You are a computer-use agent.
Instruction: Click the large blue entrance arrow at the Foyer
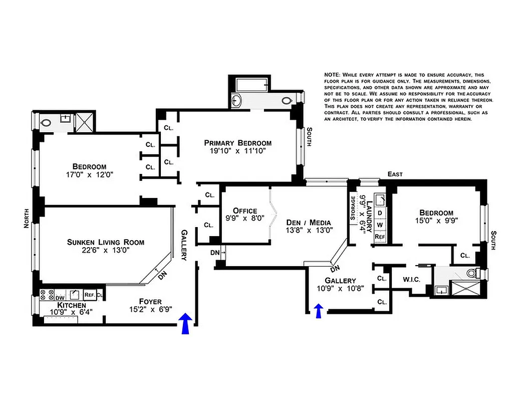point(185,323)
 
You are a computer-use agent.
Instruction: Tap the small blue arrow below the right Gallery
point(318,310)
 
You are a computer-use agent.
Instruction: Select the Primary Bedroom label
point(237,142)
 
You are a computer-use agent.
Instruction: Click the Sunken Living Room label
point(106,242)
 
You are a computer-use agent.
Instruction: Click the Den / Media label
point(309,222)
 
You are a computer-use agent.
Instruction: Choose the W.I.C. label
point(411,279)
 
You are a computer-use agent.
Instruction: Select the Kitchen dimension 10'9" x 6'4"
point(71,312)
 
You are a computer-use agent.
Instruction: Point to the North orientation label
point(27,219)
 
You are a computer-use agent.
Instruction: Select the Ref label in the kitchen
point(90,295)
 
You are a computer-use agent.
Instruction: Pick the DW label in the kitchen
point(60,296)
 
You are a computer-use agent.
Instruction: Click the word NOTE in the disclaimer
point(333,75)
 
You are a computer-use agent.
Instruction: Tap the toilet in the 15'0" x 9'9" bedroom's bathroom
point(472,274)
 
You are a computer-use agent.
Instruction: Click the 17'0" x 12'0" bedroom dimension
point(89,175)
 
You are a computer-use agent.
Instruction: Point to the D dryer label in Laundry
point(379,213)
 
